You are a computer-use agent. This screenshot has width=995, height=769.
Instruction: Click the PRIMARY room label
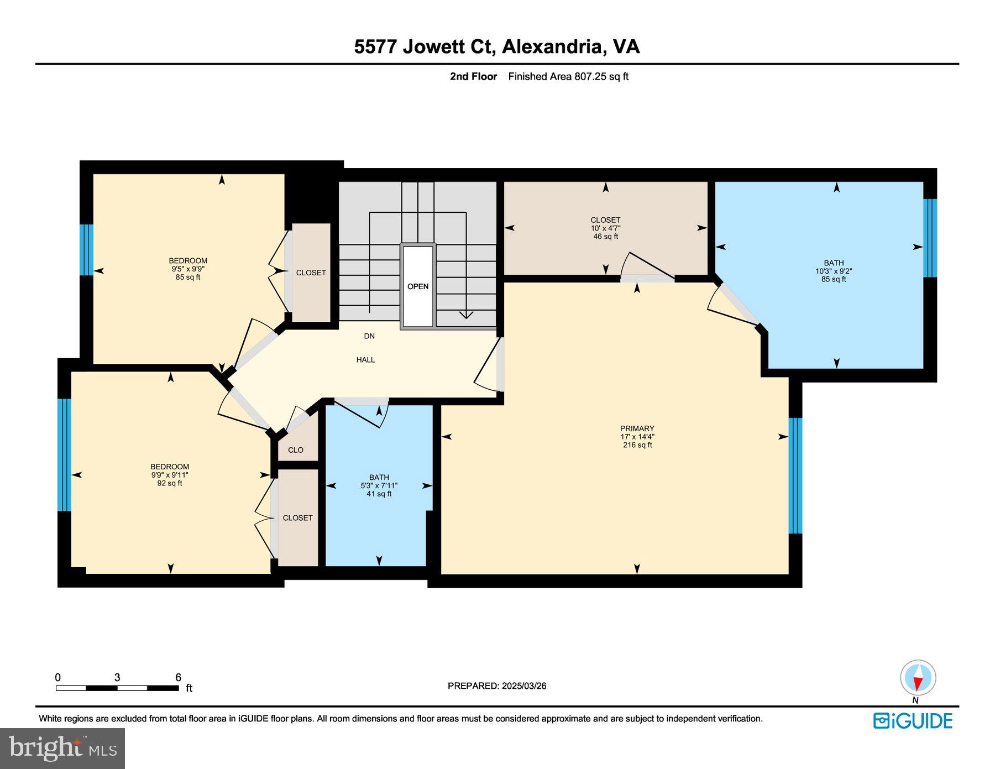click(637, 428)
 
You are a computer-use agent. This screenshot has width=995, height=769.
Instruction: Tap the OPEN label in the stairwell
click(418, 286)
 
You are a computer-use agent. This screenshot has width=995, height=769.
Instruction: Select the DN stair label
click(369, 336)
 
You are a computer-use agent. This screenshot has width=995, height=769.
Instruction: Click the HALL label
click(365, 360)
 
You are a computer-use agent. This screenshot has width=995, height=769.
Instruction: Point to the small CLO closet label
click(296, 450)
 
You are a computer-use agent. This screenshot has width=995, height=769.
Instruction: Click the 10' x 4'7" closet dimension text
click(605, 228)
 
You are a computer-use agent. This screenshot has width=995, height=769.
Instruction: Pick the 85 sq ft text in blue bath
click(834, 280)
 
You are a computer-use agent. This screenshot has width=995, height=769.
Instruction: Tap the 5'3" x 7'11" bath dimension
click(379, 486)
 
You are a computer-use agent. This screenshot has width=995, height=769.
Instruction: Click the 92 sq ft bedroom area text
click(170, 483)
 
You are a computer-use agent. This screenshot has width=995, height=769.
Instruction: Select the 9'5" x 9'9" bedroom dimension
click(188, 269)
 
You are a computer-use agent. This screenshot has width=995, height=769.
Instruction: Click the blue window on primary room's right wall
click(795, 475)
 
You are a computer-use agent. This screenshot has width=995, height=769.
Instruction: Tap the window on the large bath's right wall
click(930, 238)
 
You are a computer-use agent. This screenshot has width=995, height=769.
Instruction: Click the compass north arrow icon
click(918, 678)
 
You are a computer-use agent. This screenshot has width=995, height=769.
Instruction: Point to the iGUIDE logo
click(913, 721)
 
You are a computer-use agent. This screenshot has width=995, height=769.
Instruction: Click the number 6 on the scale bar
click(178, 677)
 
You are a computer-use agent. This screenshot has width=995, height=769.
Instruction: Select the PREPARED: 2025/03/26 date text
click(497, 686)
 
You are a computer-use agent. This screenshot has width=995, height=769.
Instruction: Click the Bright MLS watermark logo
click(62, 749)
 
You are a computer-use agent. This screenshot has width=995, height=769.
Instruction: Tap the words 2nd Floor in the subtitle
click(473, 77)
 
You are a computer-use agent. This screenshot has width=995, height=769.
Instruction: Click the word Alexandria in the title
click(551, 46)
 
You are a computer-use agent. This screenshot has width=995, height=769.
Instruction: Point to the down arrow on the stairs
click(466, 314)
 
